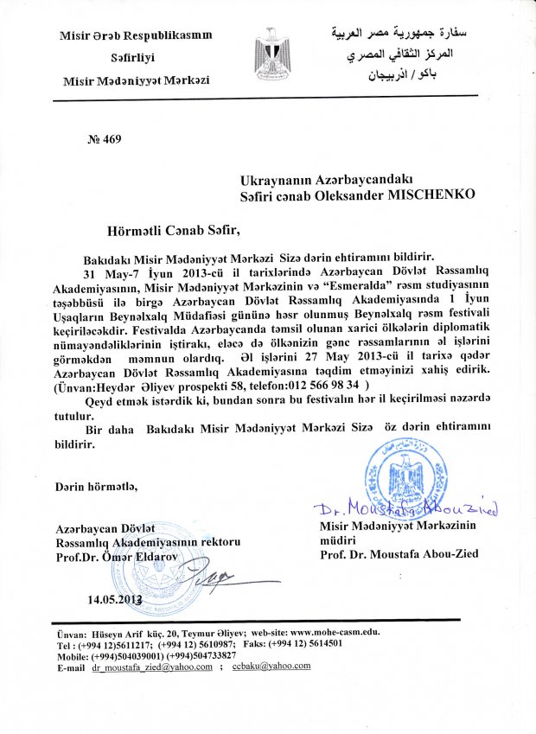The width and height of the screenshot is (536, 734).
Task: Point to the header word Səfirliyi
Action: click(x=136, y=59)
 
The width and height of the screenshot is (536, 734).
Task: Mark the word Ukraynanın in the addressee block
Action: click(x=280, y=180)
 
